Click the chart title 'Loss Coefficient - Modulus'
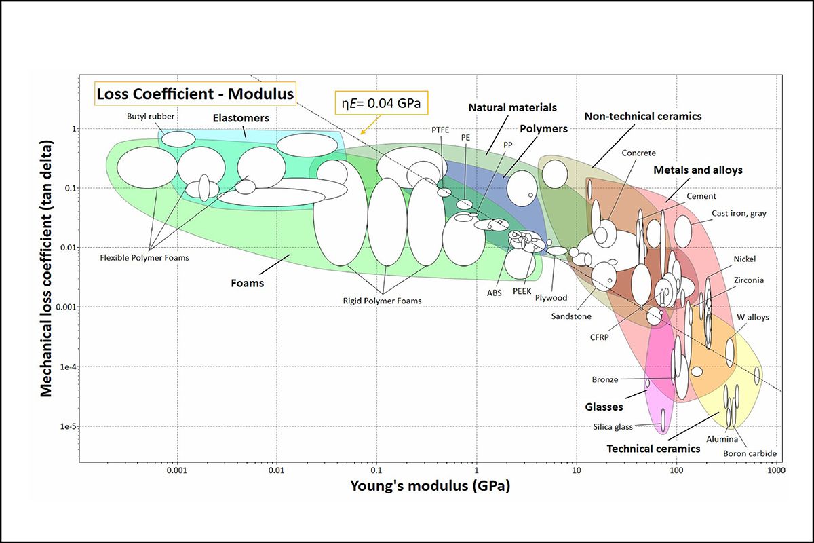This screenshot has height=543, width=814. [195, 94]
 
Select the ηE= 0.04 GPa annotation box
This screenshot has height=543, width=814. [383, 105]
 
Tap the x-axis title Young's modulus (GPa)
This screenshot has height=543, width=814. [430, 486]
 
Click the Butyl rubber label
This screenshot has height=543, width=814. [151, 116]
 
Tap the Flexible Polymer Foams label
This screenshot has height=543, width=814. [144, 258]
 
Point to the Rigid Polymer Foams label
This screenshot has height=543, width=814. [382, 301]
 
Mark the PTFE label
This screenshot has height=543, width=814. [440, 130]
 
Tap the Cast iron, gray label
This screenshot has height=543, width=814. [739, 213]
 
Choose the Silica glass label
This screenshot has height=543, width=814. [611, 427]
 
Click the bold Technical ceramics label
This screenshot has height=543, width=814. [653, 449]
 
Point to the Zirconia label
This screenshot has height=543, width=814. [749, 280]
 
